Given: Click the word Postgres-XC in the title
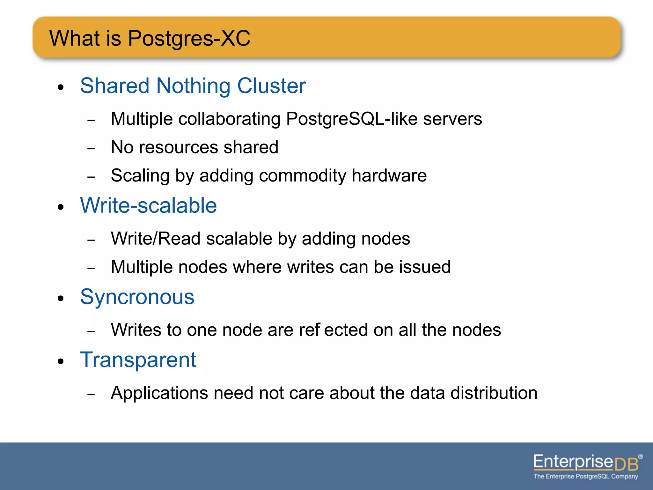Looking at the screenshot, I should click(x=189, y=38).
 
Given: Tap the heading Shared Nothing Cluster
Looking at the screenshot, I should click(x=193, y=86).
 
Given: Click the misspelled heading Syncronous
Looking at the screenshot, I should click(x=137, y=297).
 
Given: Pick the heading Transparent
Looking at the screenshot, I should click(x=138, y=360).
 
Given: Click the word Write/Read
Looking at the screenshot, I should click(x=156, y=239).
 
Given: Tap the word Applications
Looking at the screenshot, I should click(x=159, y=393).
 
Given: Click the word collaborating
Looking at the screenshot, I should click(x=229, y=119).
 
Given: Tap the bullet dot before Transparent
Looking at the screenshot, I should click(x=61, y=362).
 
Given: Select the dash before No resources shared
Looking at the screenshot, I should click(x=91, y=149).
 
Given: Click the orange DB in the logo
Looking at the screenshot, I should click(x=627, y=464).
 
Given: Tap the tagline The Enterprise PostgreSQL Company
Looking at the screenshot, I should click(x=586, y=477).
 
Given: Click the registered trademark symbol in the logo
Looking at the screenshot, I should click(x=640, y=457).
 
